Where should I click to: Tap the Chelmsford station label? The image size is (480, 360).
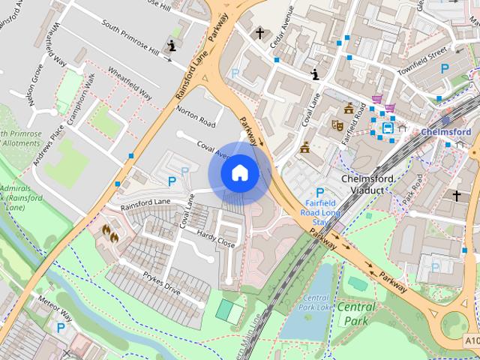[446, 132]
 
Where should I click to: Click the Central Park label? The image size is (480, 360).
[356, 313]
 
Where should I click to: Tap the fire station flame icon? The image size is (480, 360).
[109, 234]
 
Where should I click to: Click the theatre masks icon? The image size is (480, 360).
[337, 126]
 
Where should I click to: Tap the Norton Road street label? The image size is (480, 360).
[196, 114]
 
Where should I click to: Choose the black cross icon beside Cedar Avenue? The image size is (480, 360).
[260, 34]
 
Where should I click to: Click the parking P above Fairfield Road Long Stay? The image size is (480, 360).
[321, 192]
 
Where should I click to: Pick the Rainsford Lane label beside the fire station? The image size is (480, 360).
[146, 203]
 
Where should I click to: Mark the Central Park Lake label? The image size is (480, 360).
[316, 303]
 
